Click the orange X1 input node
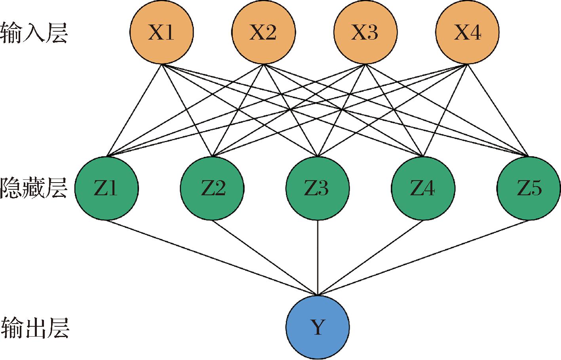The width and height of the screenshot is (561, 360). click(x=162, y=32)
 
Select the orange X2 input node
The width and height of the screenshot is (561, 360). click(x=263, y=32)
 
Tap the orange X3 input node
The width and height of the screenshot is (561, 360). click(x=365, y=32)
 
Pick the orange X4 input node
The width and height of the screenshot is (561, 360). click(x=467, y=32)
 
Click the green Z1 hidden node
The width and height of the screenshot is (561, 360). click(x=106, y=188)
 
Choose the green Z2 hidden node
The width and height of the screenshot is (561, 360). click(x=212, y=188)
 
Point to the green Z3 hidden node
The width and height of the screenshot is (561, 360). click(x=318, y=188)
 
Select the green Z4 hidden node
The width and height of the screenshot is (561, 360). click(x=423, y=188)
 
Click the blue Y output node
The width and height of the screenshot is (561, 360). click(x=318, y=327)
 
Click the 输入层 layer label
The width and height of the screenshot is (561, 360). click(x=34, y=32)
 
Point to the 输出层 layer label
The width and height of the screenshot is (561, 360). click(x=35, y=327)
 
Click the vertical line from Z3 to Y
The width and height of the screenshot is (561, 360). click(x=318, y=257)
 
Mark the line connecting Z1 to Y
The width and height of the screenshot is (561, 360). click(x=212, y=257)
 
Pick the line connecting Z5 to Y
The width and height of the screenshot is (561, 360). click(x=423, y=257)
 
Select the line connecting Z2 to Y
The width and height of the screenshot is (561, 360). click(x=265, y=257)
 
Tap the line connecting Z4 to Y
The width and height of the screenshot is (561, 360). click(x=370, y=257)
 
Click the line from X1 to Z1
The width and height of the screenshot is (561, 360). click(x=134, y=110)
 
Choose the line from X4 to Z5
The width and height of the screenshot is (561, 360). click(x=498, y=110)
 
